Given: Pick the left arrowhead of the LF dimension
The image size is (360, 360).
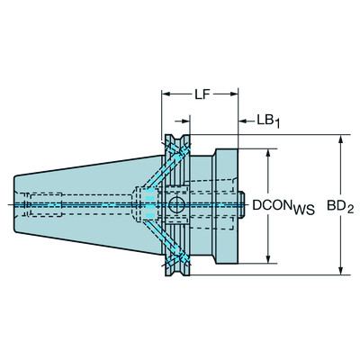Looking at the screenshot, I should pos(166,93).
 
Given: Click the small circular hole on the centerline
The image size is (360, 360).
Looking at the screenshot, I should pos(175,205).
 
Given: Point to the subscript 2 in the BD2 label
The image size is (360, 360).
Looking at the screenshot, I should pos(353,209).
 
